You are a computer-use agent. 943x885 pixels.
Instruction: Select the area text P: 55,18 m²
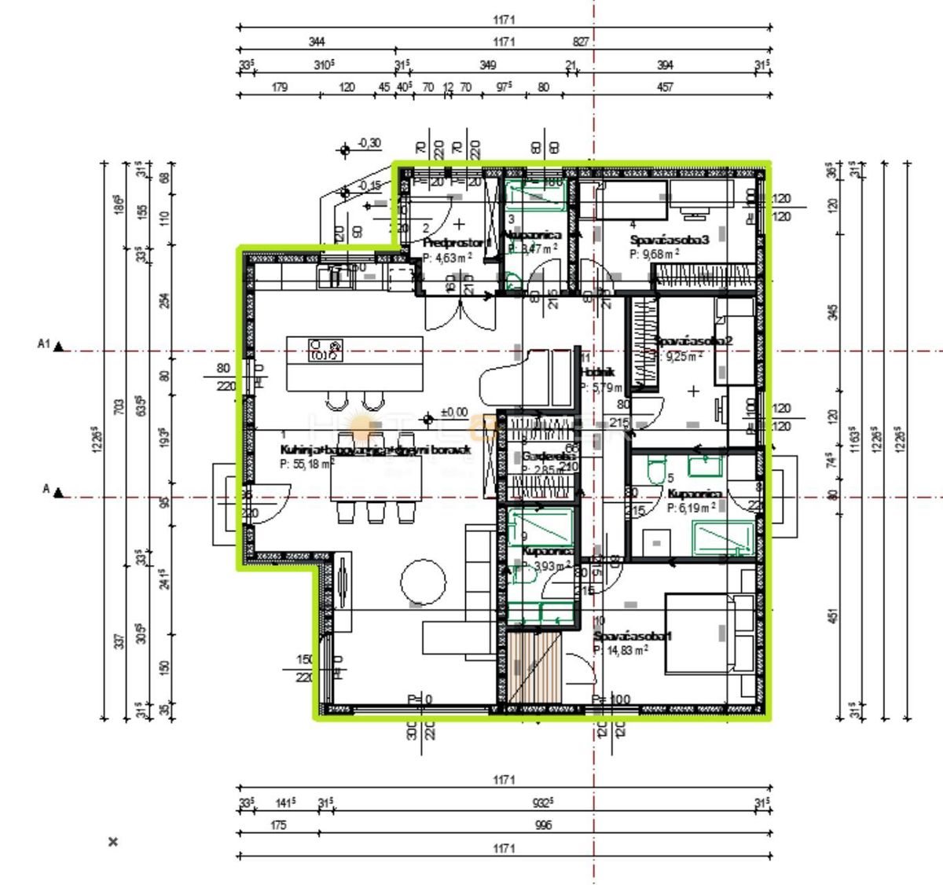click(306, 464)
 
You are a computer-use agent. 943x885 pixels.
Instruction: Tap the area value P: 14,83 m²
click(621, 650)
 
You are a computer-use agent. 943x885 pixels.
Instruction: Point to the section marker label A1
click(44, 344)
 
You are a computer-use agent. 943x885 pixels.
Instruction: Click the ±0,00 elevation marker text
click(453, 413)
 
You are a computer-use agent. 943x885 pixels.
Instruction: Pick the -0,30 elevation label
click(369, 143)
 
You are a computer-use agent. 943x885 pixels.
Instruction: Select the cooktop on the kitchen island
click(326, 350)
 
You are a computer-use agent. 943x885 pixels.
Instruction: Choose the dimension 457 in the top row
click(665, 87)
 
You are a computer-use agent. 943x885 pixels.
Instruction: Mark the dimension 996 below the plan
click(543, 825)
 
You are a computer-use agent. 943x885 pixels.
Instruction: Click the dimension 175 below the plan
click(278, 825)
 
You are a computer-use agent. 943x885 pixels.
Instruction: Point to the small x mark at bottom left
click(113, 842)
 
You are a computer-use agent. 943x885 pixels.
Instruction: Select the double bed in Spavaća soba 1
click(707, 635)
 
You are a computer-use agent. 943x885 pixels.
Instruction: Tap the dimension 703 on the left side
click(119, 407)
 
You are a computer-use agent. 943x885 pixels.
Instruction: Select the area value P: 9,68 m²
click(655, 254)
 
